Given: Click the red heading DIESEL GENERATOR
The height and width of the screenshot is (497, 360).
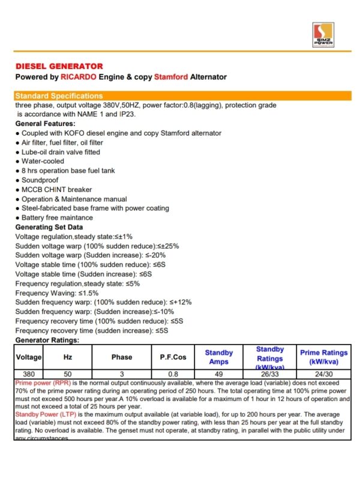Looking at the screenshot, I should pyautogui.click(x=59, y=66).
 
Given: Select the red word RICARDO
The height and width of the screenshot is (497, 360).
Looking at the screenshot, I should pyautogui.click(x=81, y=77).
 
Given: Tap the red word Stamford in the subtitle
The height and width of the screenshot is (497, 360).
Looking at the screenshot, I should pyautogui.click(x=171, y=77).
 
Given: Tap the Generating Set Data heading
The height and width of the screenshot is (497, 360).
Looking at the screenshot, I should pyautogui.click(x=49, y=227).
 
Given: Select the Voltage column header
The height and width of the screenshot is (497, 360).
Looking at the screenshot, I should pyautogui.click(x=29, y=357).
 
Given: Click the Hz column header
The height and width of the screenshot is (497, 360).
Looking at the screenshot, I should pyautogui.click(x=67, y=357).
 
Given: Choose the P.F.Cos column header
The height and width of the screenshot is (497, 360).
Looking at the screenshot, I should pyautogui.click(x=173, y=357).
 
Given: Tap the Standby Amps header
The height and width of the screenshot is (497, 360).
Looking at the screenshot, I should pyautogui.click(x=218, y=357).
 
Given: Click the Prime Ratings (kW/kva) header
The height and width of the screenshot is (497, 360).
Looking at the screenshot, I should pyautogui.click(x=323, y=357).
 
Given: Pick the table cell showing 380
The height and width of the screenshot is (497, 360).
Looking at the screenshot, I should pyautogui.click(x=29, y=373).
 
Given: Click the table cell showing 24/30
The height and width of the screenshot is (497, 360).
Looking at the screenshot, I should pyautogui.click(x=323, y=373).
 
